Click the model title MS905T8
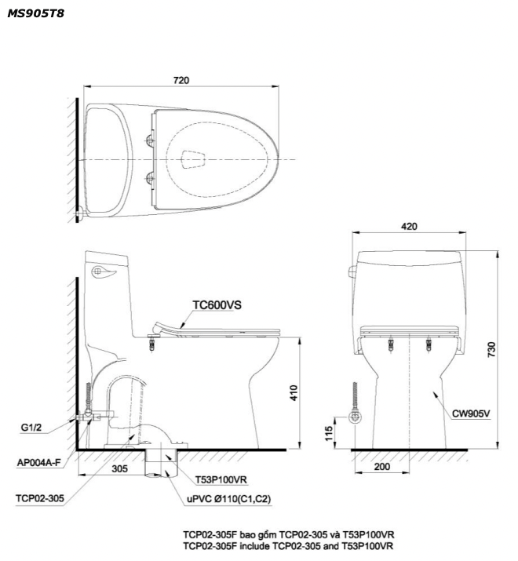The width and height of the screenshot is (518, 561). [35, 13]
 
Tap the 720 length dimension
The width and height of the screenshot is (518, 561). [181, 80]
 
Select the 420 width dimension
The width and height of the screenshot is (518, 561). [409, 226]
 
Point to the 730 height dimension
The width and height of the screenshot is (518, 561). [492, 349]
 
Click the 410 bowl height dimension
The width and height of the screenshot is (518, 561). [294, 392]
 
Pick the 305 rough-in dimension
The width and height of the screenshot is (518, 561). [119, 468]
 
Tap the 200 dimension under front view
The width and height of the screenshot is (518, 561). [381, 466]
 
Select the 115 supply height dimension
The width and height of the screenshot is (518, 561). [329, 433]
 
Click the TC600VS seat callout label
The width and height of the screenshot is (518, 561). [217, 305]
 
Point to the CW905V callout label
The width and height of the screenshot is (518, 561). [471, 413]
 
